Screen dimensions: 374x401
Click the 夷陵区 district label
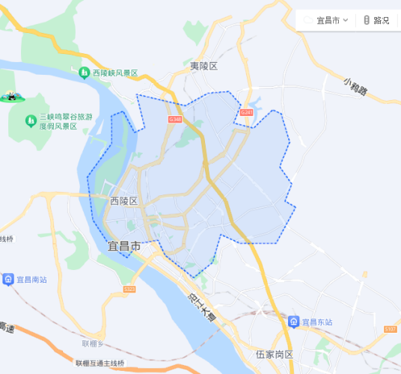[x=203, y=66]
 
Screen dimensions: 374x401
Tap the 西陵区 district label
[x=123, y=200]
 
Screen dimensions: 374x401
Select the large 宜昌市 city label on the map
[x=124, y=245]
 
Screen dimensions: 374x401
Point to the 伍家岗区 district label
[x=274, y=354]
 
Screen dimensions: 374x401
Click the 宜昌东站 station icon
[x=294, y=322]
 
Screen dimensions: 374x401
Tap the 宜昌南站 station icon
[x=8, y=279]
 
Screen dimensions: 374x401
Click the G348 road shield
[x=175, y=120]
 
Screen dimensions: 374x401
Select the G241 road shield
[x=247, y=113]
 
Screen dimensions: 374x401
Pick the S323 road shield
[x=129, y=289]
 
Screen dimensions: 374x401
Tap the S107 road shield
[x=390, y=329]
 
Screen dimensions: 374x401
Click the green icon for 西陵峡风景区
[x=85, y=73]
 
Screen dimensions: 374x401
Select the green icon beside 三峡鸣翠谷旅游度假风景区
[x=31, y=120]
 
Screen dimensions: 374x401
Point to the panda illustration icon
[x=11, y=96]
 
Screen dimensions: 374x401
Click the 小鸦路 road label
[x=356, y=86]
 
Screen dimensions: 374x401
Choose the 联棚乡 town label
[x=93, y=343]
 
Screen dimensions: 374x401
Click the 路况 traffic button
[x=376, y=20]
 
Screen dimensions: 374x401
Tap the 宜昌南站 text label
[x=32, y=279]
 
